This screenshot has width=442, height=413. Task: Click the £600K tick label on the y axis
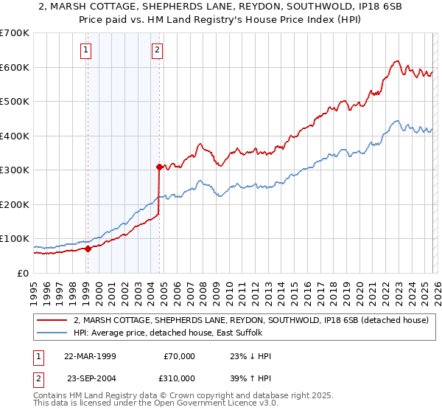coord(15,67)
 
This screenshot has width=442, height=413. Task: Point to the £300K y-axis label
coord(15,170)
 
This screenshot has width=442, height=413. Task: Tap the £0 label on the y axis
coord(23,274)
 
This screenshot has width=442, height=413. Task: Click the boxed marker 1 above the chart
coord(86,50)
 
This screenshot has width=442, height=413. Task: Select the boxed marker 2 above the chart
coord(158,50)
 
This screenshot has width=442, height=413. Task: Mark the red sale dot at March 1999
coord(88,249)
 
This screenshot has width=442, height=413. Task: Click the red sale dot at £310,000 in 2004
coord(159,167)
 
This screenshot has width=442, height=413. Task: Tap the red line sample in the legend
coord(51,321)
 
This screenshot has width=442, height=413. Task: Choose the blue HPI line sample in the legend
coord(51,333)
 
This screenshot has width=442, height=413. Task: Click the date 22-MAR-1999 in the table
coord(91,356)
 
